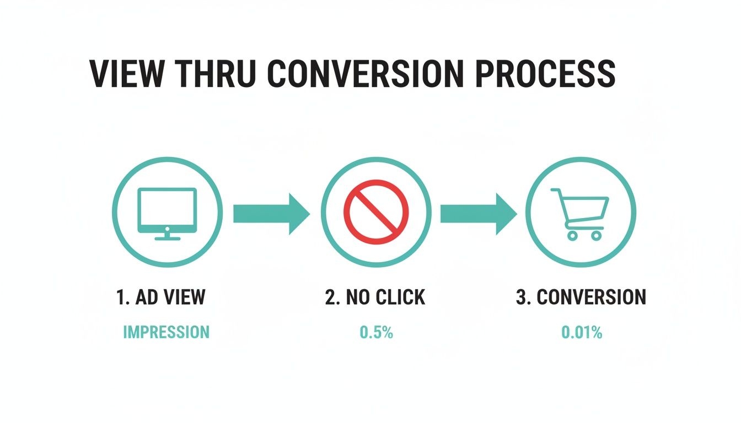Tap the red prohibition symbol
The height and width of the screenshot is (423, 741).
[376, 213]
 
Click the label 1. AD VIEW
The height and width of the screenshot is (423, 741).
[161, 297]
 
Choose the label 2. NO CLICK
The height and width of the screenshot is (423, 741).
[375, 297]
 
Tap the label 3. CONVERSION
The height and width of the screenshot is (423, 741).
[581, 297]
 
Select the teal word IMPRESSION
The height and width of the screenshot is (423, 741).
[166, 332]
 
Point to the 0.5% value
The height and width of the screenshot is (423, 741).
[376, 332]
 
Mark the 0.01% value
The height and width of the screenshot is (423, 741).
[582, 332]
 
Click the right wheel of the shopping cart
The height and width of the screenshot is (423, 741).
[596, 236]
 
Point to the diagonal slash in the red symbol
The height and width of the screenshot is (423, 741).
[376, 213]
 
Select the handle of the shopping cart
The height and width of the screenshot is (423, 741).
[556, 192]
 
